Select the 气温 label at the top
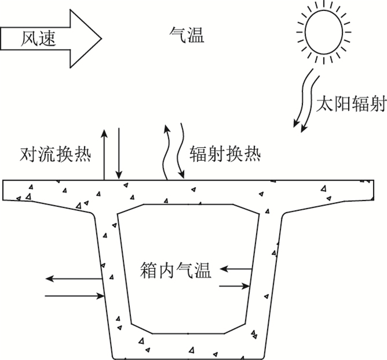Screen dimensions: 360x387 (x=186, y=36)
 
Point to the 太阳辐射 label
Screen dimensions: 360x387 (x=351, y=104)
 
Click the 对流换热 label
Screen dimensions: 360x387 (x=55, y=152)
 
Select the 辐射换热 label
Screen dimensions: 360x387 (x=224, y=152)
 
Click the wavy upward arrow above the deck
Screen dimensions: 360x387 (x=165, y=152)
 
